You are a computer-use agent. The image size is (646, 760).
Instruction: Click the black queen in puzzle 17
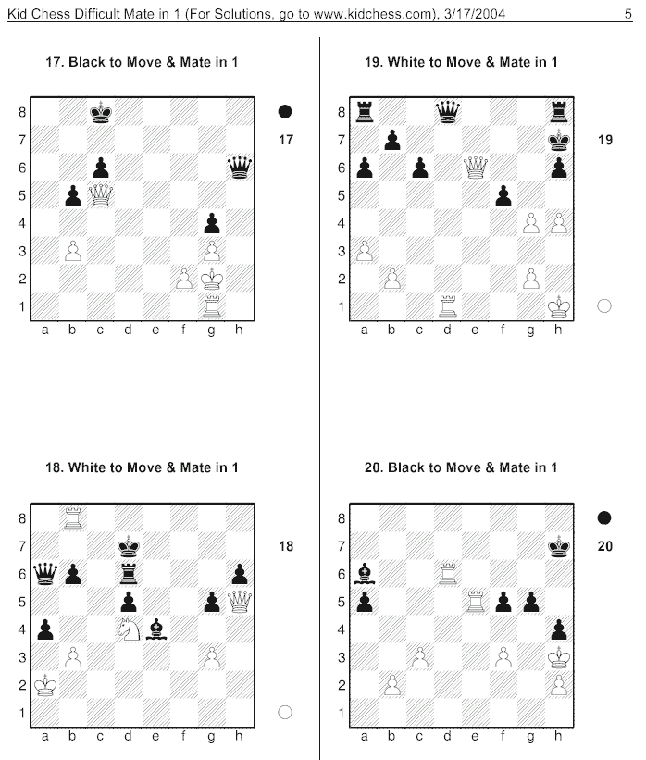(x=240, y=168)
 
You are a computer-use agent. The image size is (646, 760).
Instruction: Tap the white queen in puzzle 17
(x=101, y=195)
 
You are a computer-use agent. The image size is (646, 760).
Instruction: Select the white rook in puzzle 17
(x=212, y=306)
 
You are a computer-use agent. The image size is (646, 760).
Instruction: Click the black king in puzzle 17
(x=101, y=112)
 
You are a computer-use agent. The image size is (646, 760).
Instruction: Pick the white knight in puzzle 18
(x=129, y=629)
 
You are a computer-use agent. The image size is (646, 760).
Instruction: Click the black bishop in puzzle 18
(x=156, y=629)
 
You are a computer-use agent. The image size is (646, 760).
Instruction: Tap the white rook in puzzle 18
(x=73, y=518)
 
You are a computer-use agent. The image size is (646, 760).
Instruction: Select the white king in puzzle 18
(x=45, y=685)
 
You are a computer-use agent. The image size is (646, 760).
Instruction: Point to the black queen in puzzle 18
(x=45, y=574)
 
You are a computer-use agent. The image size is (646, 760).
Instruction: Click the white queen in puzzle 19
(x=476, y=168)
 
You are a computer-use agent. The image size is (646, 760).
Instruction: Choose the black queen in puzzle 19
(x=448, y=112)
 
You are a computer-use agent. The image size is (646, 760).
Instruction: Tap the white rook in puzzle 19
(x=448, y=306)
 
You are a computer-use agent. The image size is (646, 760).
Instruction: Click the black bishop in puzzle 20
(x=365, y=574)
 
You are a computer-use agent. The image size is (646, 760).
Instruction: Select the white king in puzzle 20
(x=559, y=657)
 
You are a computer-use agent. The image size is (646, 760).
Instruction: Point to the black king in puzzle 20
(x=559, y=546)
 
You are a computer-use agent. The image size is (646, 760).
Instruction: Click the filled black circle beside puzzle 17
(x=285, y=111)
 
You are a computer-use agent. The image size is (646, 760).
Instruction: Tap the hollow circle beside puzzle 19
(x=603, y=305)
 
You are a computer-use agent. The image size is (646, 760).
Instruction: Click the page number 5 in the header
(x=628, y=14)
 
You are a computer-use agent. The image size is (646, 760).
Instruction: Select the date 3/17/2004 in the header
(x=475, y=14)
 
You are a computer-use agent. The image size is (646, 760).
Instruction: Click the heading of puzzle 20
(x=461, y=467)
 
